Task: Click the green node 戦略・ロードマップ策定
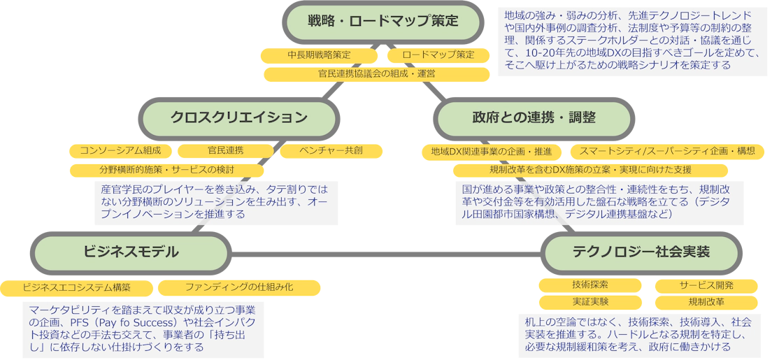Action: coord(383,21)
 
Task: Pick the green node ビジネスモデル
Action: coord(131,252)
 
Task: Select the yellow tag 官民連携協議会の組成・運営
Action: coord(376,73)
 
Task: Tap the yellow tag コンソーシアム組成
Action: coord(120,150)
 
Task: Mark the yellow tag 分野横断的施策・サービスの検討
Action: coord(166,169)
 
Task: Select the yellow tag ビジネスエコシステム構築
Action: coord(77,287)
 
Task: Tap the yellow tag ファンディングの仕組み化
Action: coord(238,287)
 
